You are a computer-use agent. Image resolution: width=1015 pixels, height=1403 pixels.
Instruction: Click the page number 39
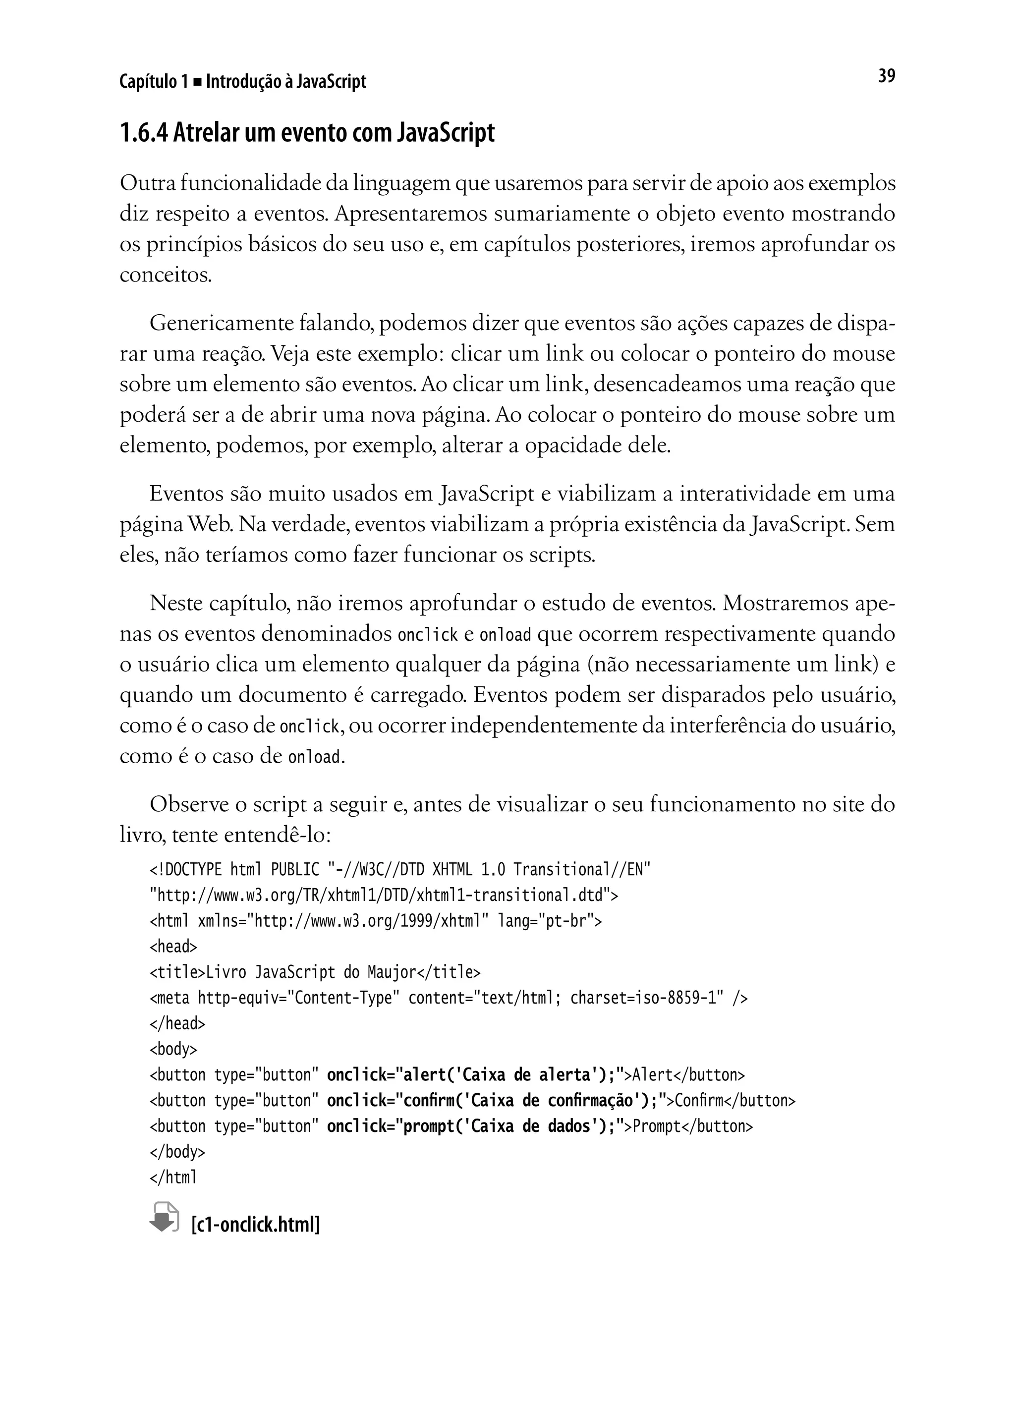886,76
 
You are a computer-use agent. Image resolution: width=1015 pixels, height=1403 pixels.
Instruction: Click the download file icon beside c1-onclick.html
165,1217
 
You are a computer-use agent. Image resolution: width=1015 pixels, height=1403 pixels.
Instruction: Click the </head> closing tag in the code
177,1023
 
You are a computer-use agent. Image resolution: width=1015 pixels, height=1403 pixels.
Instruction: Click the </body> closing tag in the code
177,1151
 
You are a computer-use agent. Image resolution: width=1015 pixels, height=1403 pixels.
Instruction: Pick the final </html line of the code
173,1177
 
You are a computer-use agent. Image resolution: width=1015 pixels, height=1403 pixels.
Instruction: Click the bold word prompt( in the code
429,1126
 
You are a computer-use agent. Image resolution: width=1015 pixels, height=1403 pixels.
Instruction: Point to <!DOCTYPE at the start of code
185,870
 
